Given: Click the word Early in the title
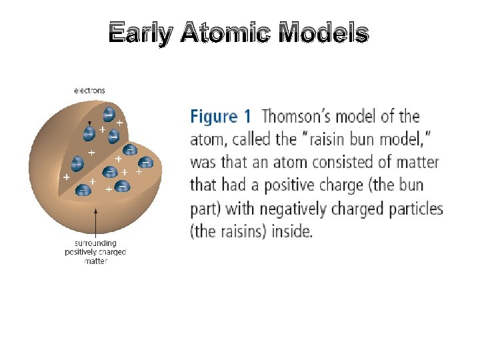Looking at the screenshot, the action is coord(141,33).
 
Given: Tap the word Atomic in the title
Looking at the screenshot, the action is coord(225,32).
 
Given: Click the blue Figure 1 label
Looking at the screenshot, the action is coord(221,117).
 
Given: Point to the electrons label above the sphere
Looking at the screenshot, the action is coord(89,91).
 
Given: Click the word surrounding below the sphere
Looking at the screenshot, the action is coord(95,243).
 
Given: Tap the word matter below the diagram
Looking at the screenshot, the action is coord(96,261).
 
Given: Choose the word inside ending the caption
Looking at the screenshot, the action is coord(292,231).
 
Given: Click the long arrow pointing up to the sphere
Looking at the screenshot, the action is coord(96,223).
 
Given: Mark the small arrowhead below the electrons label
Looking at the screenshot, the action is coord(89,123).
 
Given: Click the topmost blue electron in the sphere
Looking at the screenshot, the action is coord(109,114).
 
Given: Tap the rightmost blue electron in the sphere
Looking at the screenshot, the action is coord(146,162).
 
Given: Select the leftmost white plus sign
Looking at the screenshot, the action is coord(66,177).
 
